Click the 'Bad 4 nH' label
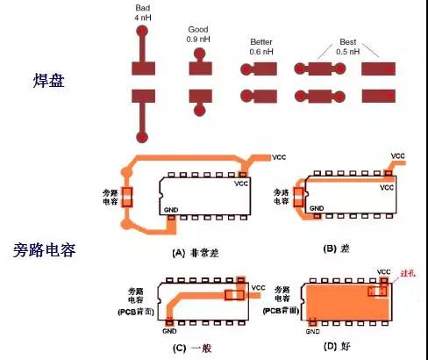point(142,11)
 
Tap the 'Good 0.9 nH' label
point(199,34)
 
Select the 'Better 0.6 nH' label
point(261,45)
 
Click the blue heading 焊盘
point(49,81)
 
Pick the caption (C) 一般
point(195,347)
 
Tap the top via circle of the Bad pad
point(142,31)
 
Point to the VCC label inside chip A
point(241,184)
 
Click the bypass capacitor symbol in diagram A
point(128,197)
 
